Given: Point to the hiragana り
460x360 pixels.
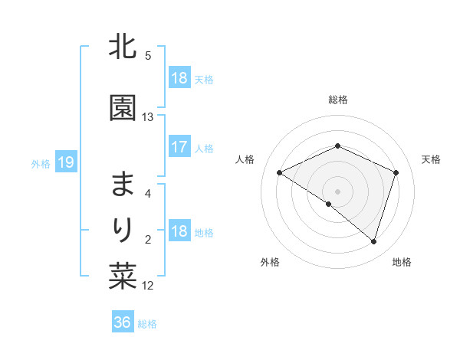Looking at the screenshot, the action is (123, 229).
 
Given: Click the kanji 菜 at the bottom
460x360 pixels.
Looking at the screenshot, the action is (123, 277).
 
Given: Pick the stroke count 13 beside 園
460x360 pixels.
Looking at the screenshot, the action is (148, 116).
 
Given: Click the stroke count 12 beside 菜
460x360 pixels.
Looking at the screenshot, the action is (148, 286).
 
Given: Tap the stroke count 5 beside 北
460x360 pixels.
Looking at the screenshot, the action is (148, 55).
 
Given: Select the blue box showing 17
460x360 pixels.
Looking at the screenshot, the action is (179, 147).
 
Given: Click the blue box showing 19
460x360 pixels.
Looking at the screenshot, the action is (66, 162).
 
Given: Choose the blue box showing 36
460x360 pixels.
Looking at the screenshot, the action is (123, 322).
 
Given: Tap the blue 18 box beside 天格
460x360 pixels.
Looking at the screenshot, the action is (179, 78).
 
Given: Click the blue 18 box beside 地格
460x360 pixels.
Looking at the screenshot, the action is (179, 231).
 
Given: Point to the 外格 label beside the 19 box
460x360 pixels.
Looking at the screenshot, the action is (41, 163).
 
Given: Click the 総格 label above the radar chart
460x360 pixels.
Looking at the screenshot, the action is (337, 100).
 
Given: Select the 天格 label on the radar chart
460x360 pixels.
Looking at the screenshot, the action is (432, 159).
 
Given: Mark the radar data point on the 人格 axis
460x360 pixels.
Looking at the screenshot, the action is (280, 173).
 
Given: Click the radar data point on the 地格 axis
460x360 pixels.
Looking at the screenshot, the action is (373, 241).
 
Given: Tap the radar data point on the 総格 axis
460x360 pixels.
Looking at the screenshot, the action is (337, 146).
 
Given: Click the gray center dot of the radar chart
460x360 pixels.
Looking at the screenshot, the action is (337, 191).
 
